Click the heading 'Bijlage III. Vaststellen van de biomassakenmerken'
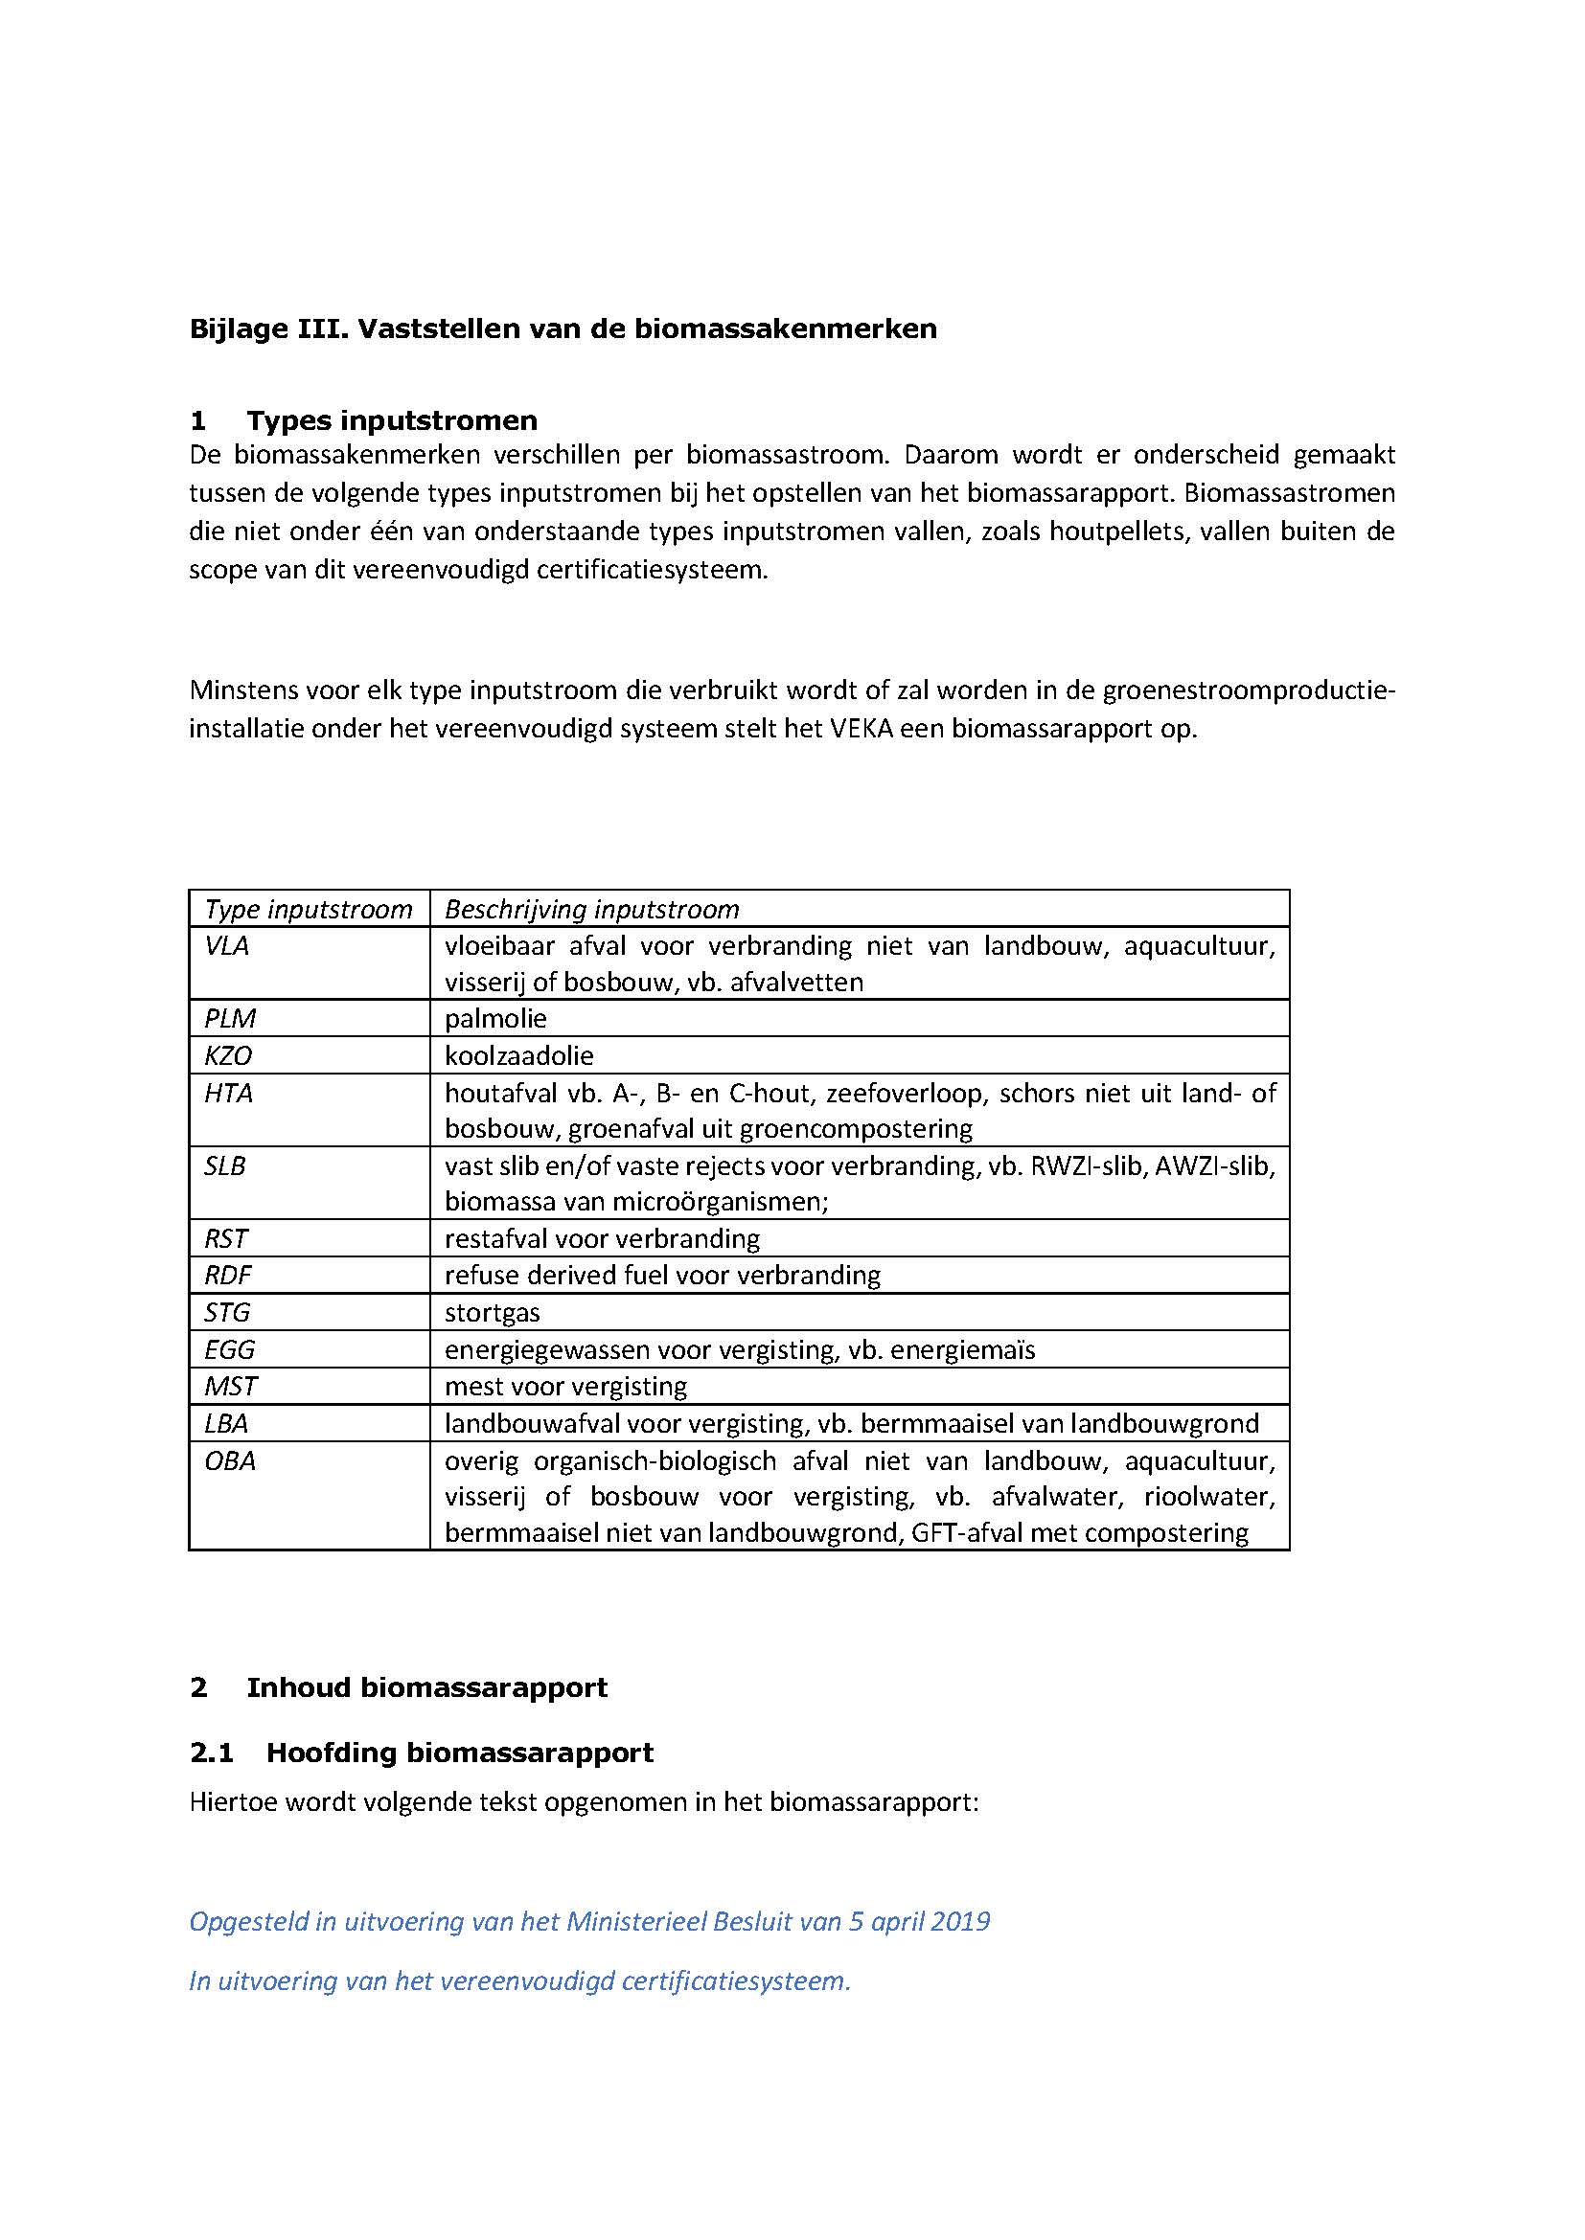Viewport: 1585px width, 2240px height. coord(563,328)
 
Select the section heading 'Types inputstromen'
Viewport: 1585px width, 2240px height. coord(391,420)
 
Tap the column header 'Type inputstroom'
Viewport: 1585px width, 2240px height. coord(309,909)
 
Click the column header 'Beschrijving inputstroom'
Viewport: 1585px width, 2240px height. coord(591,909)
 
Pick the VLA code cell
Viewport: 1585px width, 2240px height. coord(226,945)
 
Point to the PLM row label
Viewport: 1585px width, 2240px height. coord(229,1019)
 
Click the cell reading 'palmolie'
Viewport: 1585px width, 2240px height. coord(495,1019)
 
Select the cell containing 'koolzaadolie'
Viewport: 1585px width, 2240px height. coord(519,1055)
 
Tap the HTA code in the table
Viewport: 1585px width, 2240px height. coord(228,1093)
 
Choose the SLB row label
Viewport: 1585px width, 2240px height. coord(224,1165)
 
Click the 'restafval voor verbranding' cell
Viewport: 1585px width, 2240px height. coord(602,1239)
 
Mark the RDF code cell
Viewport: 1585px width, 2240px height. coord(227,1275)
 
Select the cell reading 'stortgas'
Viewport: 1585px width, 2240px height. coord(492,1312)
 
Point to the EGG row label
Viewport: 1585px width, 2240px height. coord(229,1349)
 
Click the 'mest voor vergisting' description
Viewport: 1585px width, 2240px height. coord(566,1387)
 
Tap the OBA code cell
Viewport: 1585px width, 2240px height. coord(229,1460)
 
